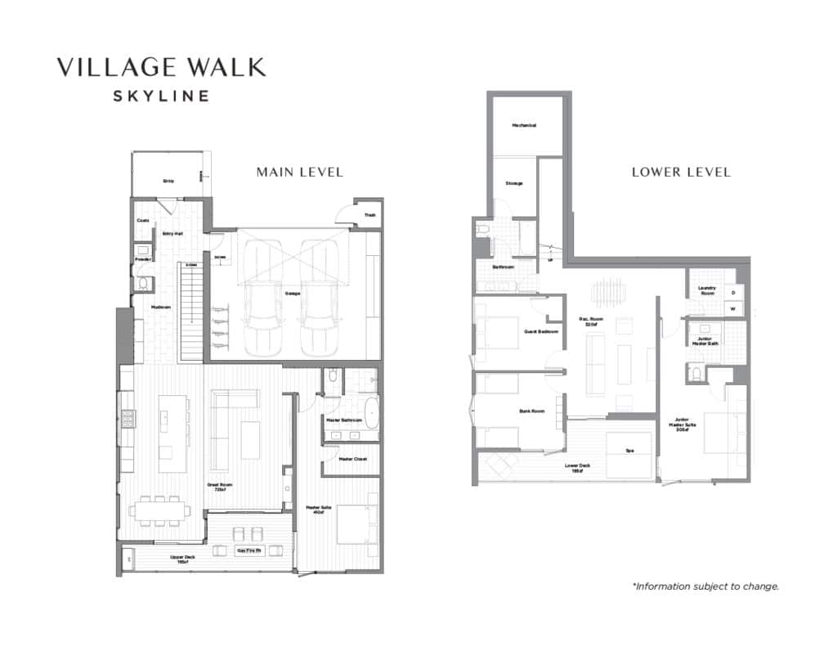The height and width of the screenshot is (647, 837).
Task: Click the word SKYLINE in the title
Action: (160, 96)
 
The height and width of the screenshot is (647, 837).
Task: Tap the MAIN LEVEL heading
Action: (299, 172)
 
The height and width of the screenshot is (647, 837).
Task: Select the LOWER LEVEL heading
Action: (681, 172)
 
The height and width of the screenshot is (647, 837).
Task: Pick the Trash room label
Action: (369, 215)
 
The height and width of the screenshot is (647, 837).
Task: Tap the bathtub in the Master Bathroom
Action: (371, 414)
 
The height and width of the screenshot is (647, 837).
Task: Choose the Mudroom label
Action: (160, 307)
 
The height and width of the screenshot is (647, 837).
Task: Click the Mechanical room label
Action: (524, 125)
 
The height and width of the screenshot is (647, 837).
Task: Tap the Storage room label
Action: (513, 183)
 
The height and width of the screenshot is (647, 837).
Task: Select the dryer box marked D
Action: (732, 292)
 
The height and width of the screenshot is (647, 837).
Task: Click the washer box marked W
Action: (732, 309)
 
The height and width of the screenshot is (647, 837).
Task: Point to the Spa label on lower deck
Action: (629, 450)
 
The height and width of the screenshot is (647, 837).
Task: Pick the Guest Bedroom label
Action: (541, 331)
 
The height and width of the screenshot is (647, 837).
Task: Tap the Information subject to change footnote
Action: (705, 586)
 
